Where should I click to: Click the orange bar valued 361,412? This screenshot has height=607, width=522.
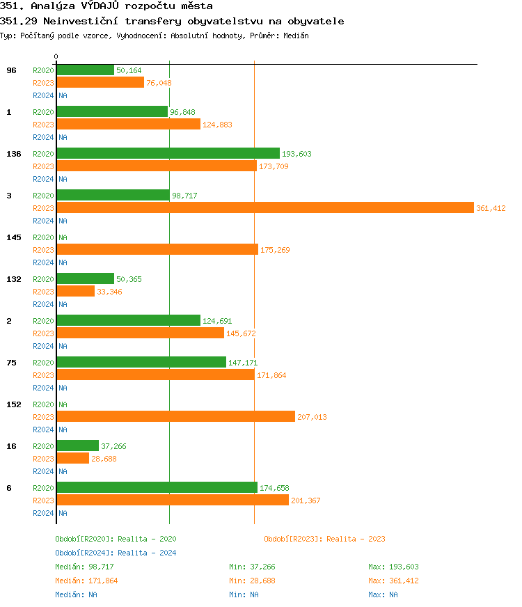(264, 208)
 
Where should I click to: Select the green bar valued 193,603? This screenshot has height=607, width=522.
(168, 154)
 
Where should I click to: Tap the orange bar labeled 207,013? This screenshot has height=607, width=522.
(175, 417)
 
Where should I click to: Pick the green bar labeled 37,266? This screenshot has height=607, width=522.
(77, 446)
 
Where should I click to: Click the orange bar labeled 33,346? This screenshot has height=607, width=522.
(75, 292)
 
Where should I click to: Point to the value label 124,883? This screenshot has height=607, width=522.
(217, 125)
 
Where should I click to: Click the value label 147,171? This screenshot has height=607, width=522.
(243, 363)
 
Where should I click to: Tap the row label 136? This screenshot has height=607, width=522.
(14, 154)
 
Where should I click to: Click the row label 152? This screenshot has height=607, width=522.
(14, 404)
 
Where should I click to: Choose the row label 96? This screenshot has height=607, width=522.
(11, 70)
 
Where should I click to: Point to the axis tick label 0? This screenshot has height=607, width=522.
(56, 56)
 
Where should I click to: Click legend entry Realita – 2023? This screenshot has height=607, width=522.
(324, 539)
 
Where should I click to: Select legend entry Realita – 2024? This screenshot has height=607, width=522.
(116, 553)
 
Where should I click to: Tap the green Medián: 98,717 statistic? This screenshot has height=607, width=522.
(79, 567)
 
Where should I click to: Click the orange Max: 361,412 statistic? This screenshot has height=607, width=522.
(393, 581)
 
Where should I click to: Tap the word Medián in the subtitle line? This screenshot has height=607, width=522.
(295, 36)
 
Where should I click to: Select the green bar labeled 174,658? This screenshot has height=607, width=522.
(157, 488)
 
